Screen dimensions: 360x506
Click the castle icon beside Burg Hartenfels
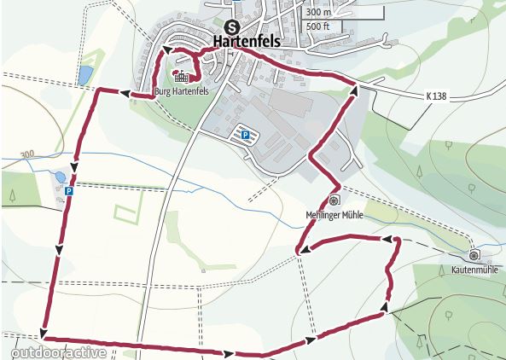(180, 77)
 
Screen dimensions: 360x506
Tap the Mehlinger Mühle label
(334, 215)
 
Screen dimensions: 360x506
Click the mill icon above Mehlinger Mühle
(334, 200)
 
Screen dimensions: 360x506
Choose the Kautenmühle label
(474, 269)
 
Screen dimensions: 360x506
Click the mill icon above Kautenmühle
(474, 254)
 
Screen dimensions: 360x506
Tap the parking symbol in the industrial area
(245, 134)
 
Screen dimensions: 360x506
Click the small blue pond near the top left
(84, 76)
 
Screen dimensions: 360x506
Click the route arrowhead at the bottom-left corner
(44, 332)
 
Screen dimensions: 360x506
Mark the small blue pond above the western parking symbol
(60, 177)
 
